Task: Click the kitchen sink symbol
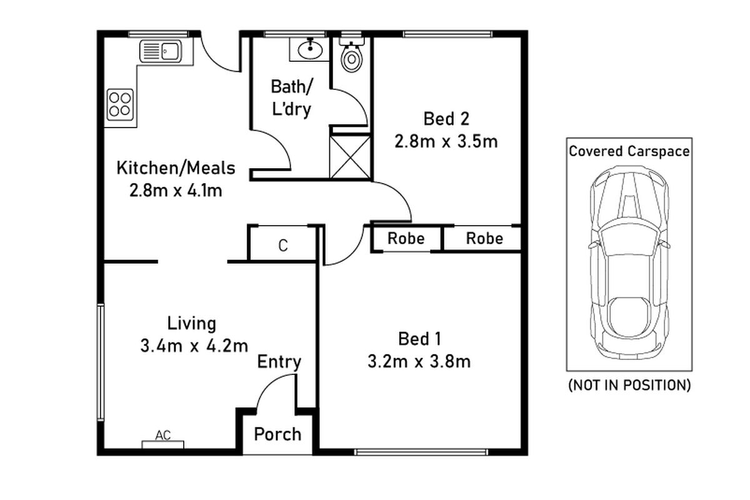pos(161,51)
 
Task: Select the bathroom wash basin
pos(309,49)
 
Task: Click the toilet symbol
pos(352,57)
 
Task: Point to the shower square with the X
pos(350,156)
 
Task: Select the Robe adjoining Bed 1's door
pos(406,239)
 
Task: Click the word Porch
pos(277,434)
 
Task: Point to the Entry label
pos(279,362)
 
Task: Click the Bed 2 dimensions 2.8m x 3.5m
pos(446,142)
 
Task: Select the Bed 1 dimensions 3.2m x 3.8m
pos(420,361)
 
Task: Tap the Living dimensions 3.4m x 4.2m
pos(194,346)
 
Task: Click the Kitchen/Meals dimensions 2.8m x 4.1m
pos(176,191)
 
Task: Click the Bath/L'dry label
pos(291,97)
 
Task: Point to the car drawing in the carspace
pos(629,262)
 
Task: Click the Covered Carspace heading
pos(629,151)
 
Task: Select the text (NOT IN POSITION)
pos(629,385)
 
